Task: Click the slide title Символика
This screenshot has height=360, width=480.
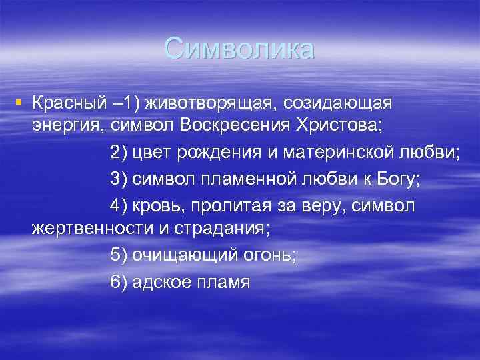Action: (239, 49)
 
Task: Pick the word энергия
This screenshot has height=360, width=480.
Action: (65, 125)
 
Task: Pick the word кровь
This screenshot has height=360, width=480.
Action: (159, 206)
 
